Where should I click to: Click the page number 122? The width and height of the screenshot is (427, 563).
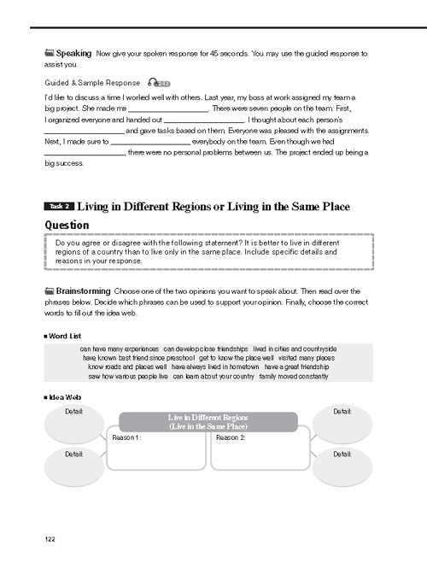[x=50, y=539]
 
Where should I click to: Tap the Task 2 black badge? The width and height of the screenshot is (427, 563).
[x=59, y=206]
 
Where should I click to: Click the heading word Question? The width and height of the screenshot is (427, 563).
[x=67, y=226]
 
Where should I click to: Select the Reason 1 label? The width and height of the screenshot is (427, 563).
[x=126, y=437]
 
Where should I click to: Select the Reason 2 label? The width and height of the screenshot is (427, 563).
[x=231, y=437]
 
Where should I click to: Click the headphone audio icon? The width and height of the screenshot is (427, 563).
[x=159, y=83]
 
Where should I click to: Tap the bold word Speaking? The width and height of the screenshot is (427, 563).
[x=73, y=54]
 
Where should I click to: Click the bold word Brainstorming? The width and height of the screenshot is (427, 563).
[x=83, y=291]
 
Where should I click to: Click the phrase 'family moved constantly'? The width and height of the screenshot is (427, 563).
[x=294, y=376]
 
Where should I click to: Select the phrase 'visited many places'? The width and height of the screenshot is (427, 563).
[x=307, y=358]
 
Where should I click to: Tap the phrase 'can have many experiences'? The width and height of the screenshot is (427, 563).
[x=119, y=349]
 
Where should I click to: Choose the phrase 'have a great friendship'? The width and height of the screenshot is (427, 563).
[x=296, y=367]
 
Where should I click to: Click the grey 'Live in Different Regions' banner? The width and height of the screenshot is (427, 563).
[x=208, y=422]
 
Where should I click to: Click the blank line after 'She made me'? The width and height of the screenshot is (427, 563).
[x=168, y=112]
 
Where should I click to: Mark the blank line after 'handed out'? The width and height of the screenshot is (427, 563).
[x=204, y=123]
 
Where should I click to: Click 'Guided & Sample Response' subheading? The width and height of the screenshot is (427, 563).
[x=92, y=83]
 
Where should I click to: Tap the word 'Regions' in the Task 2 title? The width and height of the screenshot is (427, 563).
[x=191, y=207]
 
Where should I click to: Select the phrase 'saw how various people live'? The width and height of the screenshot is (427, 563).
[x=128, y=376]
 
